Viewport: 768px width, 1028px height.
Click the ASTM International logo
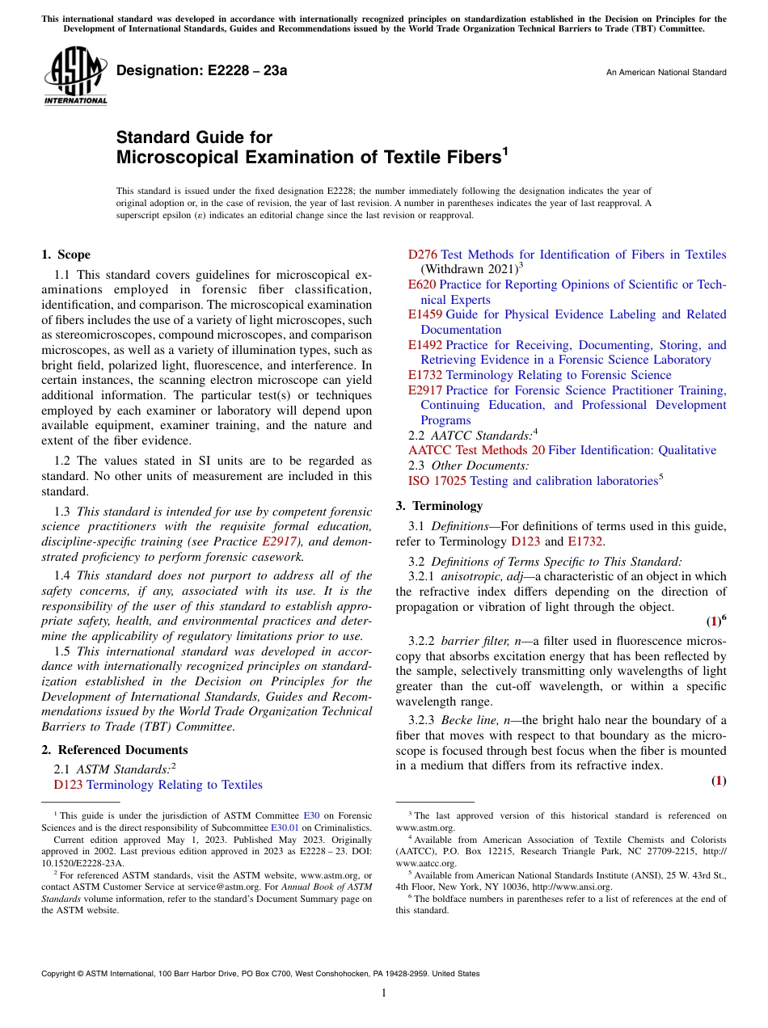click(x=75, y=76)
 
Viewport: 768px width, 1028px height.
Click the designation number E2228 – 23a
click(x=201, y=71)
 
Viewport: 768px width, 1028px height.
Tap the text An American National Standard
click(x=665, y=73)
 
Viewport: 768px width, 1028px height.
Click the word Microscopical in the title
click(x=185, y=158)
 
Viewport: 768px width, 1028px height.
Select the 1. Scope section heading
click(x=66, y=255)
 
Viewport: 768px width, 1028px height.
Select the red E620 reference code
click(x=422, y=284)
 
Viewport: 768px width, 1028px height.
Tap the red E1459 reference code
click(x=425, y=314)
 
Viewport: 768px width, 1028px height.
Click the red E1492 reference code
click(x=425, y=344)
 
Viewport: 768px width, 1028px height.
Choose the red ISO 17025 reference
click(x=437, y=481)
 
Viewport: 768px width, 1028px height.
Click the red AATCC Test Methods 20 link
click(x=476, y=450)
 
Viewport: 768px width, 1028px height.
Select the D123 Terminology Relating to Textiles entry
click(x=158, y=785)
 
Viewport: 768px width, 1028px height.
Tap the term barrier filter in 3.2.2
click(x=468, y=641)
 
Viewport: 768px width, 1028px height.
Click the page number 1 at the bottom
click(x=384, y=993)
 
